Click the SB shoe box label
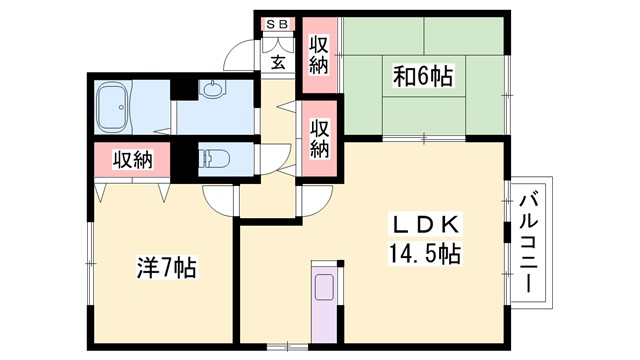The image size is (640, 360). coord(275,23)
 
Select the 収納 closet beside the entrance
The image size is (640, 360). coord(319,55)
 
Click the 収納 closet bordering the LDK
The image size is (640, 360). coord(319,139)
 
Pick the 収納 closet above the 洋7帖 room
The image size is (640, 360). coord(131,159)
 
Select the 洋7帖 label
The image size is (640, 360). coord(165,268)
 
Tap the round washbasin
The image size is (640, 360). coord(214,91)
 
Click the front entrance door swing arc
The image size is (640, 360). coord(237,55)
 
